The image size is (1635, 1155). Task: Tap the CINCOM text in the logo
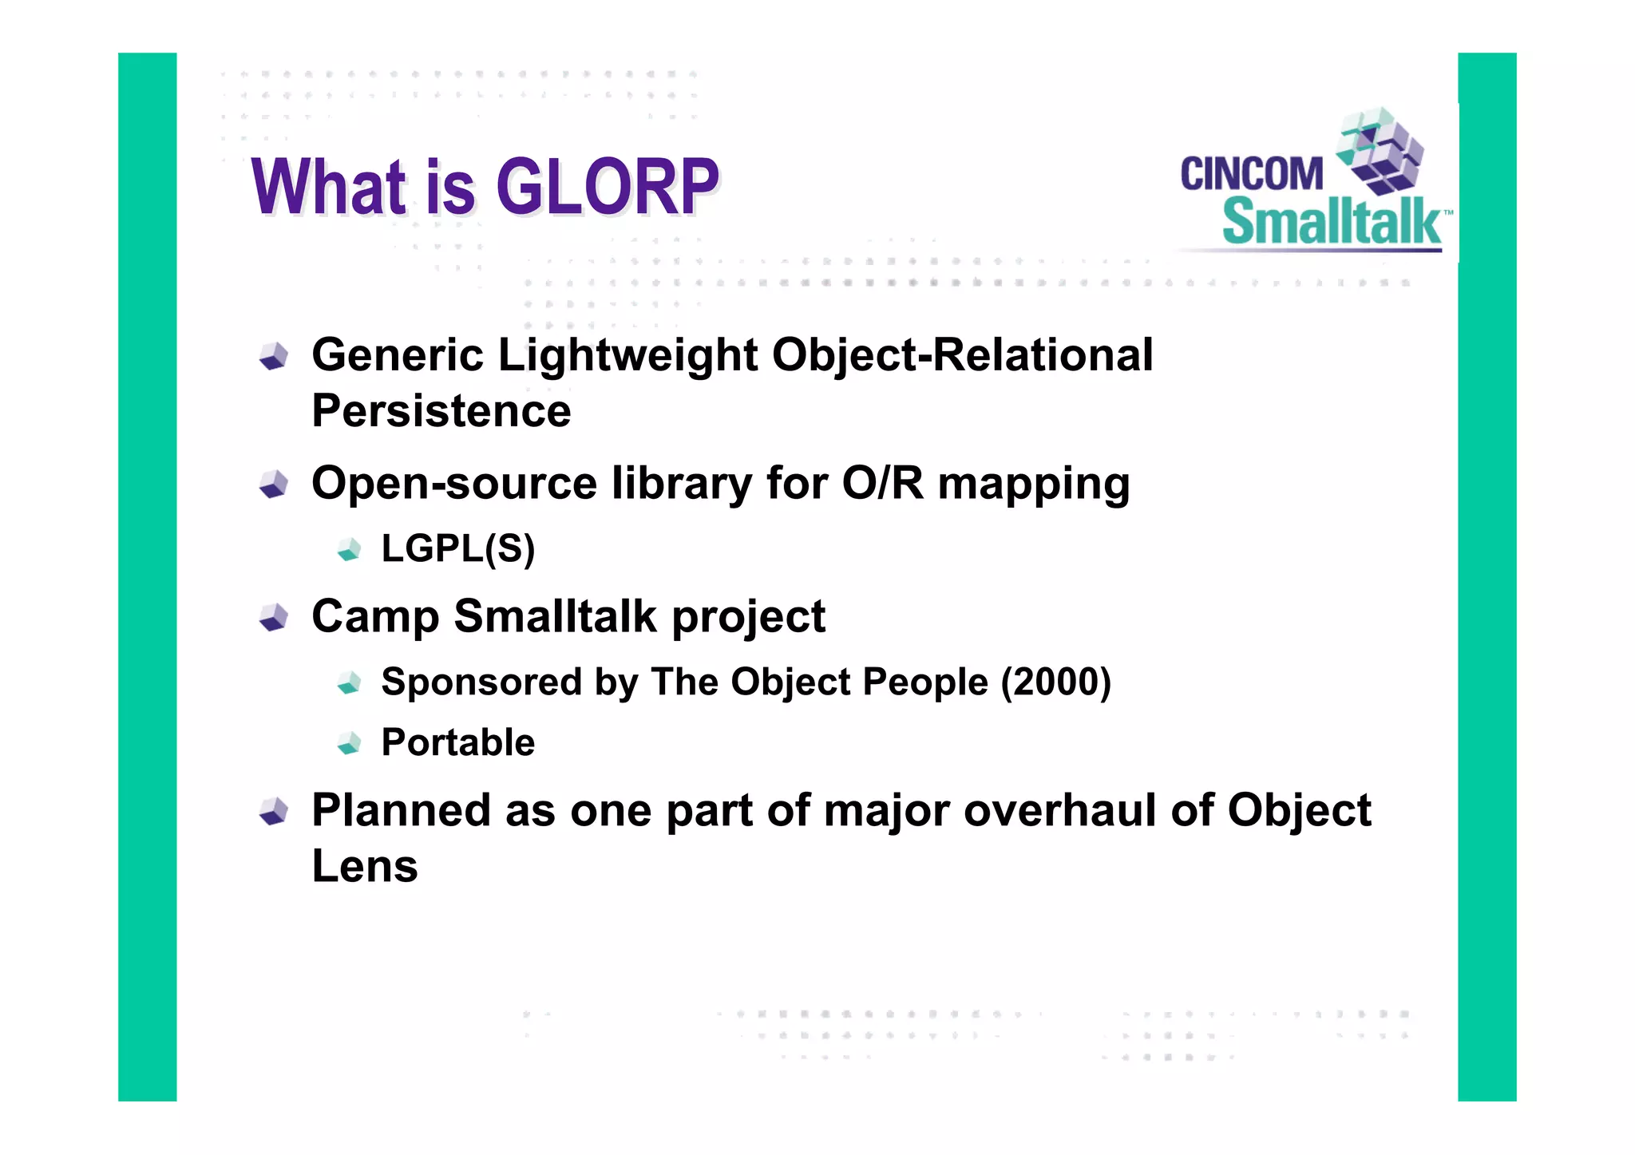(1251, 174)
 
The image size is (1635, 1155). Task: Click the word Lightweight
(627, 355)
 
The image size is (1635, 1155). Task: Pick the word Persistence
(441, 411)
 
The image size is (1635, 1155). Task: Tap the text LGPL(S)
(458, 548)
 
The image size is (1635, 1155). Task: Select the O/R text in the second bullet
(882, 483)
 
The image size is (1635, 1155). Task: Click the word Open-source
(454, 484)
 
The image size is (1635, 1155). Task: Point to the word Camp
(374, 617)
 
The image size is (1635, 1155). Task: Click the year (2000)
(1055, 682)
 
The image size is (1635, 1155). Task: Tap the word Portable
(458, 742)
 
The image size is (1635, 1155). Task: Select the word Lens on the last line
(365, 866)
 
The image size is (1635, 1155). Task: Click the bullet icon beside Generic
(274, 357)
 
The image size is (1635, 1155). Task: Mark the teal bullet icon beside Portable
(350, 743)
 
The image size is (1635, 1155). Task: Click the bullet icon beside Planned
(274, 812)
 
